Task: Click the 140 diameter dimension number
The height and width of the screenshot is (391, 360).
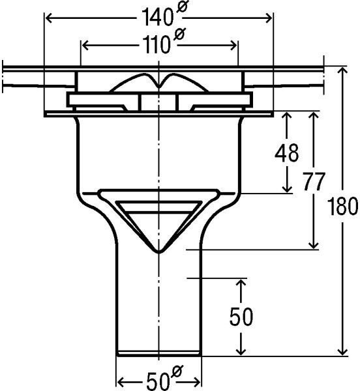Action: (157, 17)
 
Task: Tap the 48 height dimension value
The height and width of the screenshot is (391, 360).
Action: (287, 152)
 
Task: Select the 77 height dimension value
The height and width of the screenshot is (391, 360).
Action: (314, 181)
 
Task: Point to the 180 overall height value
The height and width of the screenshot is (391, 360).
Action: (342, 206)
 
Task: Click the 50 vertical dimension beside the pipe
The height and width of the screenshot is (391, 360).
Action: (241, 317)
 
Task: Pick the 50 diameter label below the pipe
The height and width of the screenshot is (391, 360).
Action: (158, 382)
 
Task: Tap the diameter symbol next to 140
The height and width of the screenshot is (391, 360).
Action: (183, 6)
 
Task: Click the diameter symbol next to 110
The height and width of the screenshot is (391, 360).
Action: (179, 34)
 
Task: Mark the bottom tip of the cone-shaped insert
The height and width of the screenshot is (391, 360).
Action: (158, 253)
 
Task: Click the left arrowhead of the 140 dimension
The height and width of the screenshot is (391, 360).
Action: (49, 18)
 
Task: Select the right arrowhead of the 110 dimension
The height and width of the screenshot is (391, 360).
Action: (233, 46)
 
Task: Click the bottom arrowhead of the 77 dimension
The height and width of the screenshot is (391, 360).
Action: (313, 246)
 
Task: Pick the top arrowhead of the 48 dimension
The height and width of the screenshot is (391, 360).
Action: (287, 115)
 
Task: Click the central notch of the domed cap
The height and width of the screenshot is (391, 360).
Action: (159, 86)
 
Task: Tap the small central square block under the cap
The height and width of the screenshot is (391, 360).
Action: (158, 102)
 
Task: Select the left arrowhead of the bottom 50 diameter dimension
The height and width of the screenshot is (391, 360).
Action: (121, 382)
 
